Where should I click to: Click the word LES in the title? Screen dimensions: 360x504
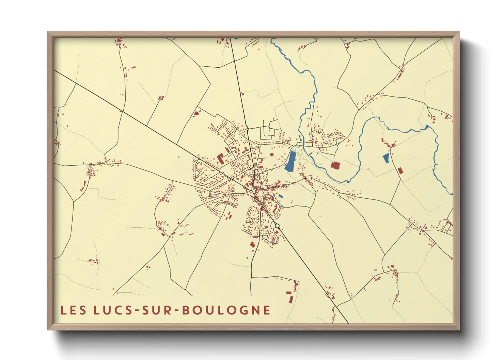(73, 310)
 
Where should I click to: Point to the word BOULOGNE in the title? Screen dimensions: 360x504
(227, 310)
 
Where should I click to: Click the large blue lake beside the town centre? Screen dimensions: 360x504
(290, 161)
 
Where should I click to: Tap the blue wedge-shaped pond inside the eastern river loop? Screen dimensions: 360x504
(386, 158)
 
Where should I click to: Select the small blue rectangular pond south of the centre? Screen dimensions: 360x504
(280, 196)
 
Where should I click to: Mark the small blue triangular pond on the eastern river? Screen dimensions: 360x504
(427, 127)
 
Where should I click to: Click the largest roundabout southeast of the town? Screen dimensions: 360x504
(277, 226)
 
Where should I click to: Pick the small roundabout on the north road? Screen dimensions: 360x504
(248, 129)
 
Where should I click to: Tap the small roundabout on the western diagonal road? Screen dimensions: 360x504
(199, 159)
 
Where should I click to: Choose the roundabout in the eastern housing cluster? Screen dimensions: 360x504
(337, 144)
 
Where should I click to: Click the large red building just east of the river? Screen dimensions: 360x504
(335, 165)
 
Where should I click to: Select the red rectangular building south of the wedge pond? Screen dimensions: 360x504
(400, 170)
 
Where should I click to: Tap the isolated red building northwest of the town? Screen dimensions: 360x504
(195, 114)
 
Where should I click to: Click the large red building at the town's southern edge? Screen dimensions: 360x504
(252, 245)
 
